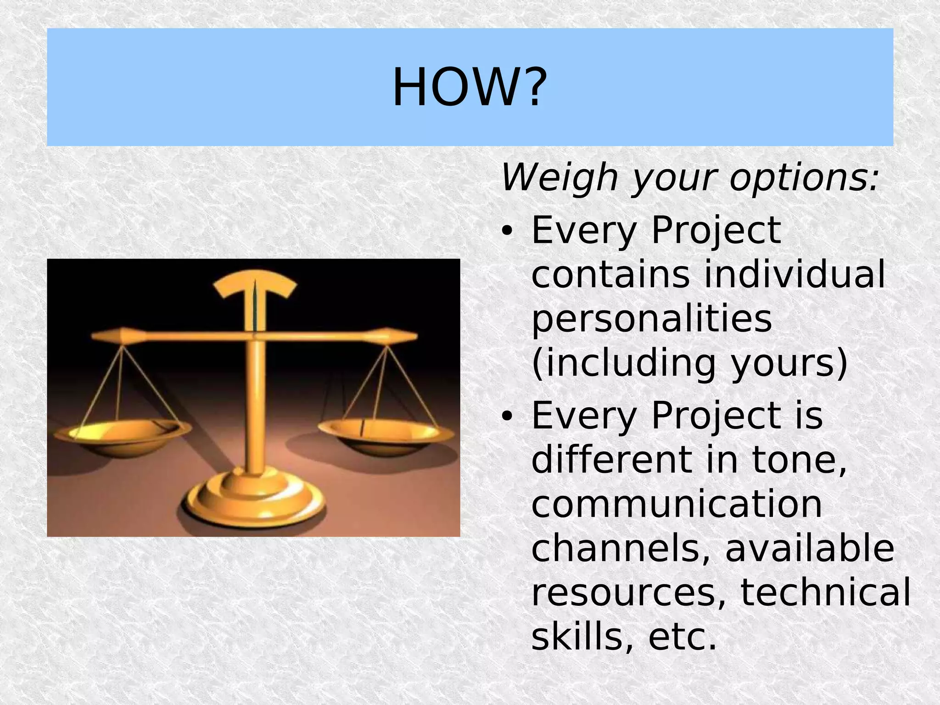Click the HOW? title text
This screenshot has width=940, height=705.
[470, 87]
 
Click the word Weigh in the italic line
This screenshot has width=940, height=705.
[559, 178]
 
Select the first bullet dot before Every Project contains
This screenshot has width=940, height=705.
[506, 231]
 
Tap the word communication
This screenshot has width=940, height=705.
[677, 504]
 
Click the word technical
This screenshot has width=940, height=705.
[825, 593]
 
